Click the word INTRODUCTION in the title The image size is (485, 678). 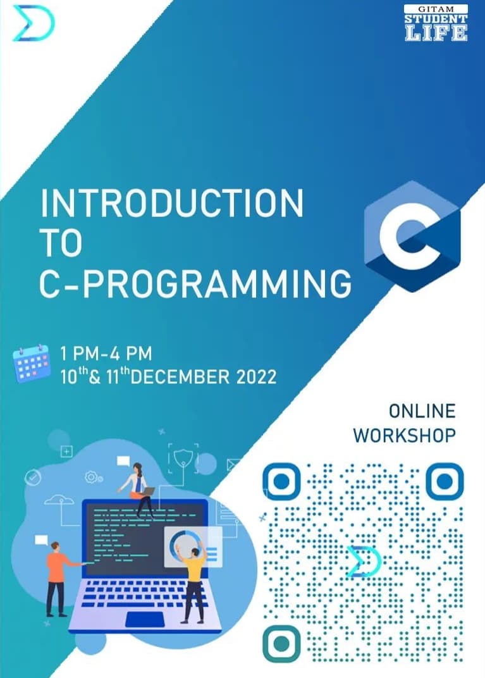point(172,203)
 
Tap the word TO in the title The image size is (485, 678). point(61,243)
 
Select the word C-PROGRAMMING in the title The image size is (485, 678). point(195,283)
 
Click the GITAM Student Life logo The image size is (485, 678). point(436,23)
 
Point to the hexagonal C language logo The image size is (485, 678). point(412,236)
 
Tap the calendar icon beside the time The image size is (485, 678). point(31,364)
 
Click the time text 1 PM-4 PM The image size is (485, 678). point(106,354)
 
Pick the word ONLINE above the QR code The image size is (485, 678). point(422,411)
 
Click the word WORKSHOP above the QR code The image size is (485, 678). point(405,435)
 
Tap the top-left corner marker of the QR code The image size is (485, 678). point(281,481)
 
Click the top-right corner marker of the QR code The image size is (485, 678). point(445,481)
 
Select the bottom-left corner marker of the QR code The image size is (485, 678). point(281,643)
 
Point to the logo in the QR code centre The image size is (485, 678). point(364,561)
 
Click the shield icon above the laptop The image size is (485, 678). point(183,457)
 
